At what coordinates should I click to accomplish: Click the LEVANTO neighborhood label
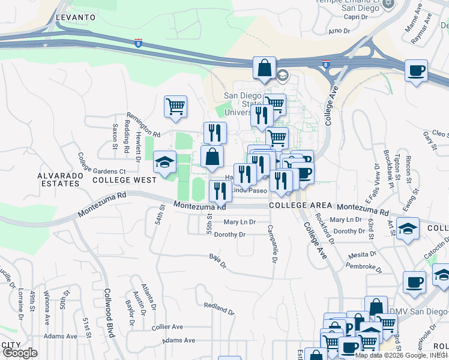tap(76, 17)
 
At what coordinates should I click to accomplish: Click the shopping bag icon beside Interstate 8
tap(264, 68)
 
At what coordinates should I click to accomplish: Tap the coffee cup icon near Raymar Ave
tap(415, 71)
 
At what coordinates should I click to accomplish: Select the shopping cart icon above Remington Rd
tap(175, 107)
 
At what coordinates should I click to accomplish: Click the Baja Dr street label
tap(217, 261)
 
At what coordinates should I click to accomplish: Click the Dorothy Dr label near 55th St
tap(230, 235)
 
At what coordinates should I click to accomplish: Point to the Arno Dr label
tap(339, 30)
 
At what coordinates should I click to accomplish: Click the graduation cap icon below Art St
tap(408, 229)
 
